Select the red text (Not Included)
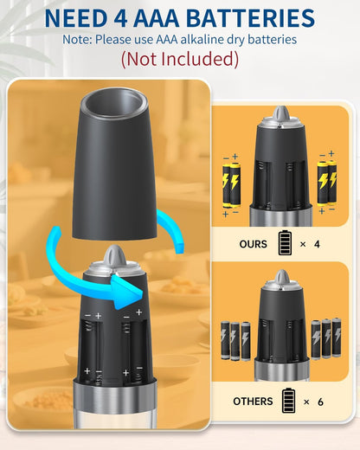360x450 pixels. click(x=180, y=59)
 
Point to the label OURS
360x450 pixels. click(x=253, y=244)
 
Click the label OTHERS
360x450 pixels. click(x=253, y=402)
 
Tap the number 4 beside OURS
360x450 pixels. click(x=318, y=244)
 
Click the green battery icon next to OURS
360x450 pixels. click(x=285, y=243)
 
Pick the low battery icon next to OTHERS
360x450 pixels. click(x=287, y=401)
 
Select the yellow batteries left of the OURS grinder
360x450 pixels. click(x=232, y=181)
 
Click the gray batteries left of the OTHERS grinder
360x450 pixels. click(x=234, y=338)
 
